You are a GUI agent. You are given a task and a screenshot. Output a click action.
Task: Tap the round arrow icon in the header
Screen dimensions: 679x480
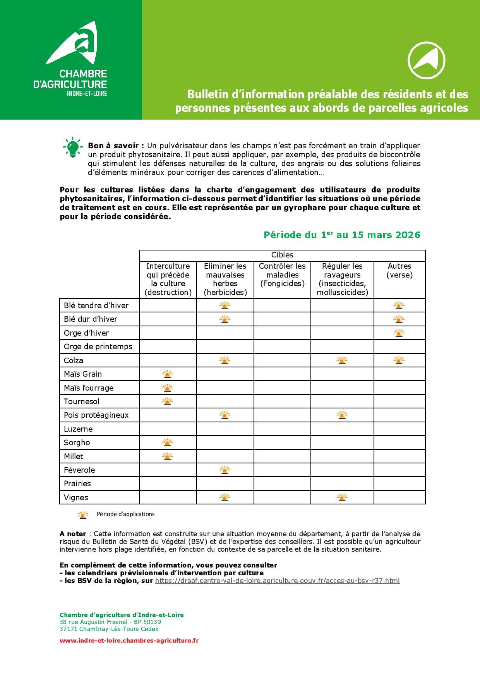tap(426, 60)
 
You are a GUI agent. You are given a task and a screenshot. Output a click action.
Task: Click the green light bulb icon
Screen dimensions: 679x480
tap(72, 147)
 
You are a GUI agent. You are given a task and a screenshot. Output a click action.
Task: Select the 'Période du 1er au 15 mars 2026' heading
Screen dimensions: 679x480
tap(341, 235)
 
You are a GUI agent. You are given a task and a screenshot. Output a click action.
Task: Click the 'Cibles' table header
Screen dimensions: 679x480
tap(282, 255)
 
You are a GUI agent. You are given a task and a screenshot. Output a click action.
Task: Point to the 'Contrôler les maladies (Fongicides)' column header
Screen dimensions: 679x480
tap(282, 275)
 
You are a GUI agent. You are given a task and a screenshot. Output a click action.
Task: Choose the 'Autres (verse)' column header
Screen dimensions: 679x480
tap(399, 270)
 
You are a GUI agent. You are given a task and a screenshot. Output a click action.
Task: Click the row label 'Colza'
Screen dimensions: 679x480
tap(74, 360)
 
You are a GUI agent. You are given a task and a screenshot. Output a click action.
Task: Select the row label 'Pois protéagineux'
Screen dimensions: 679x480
tap(96, 415)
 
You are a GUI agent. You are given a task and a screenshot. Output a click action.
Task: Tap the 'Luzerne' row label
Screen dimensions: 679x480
tap(78, 429)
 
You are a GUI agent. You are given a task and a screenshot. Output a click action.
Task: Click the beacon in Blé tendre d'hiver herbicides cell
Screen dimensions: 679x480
tap(225, 305)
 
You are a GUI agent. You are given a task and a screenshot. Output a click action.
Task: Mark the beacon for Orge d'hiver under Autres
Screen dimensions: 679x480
tap(399, 333)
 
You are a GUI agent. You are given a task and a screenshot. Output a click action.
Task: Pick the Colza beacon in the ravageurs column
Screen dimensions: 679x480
tap(342, 360)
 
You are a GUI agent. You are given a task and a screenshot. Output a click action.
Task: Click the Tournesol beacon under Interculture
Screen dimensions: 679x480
tap(167, 401)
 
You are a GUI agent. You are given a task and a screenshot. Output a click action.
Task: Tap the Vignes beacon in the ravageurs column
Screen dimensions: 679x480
tap(342, 497)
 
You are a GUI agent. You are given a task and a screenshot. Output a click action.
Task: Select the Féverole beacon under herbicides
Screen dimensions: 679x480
tap(225, 470)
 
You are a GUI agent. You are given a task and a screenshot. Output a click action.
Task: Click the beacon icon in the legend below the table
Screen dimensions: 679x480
tap(83, 515)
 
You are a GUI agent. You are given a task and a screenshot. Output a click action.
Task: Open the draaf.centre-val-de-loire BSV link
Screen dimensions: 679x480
tap(277, 581)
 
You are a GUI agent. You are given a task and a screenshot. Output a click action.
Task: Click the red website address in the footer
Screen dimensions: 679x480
tap(129, 641)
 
